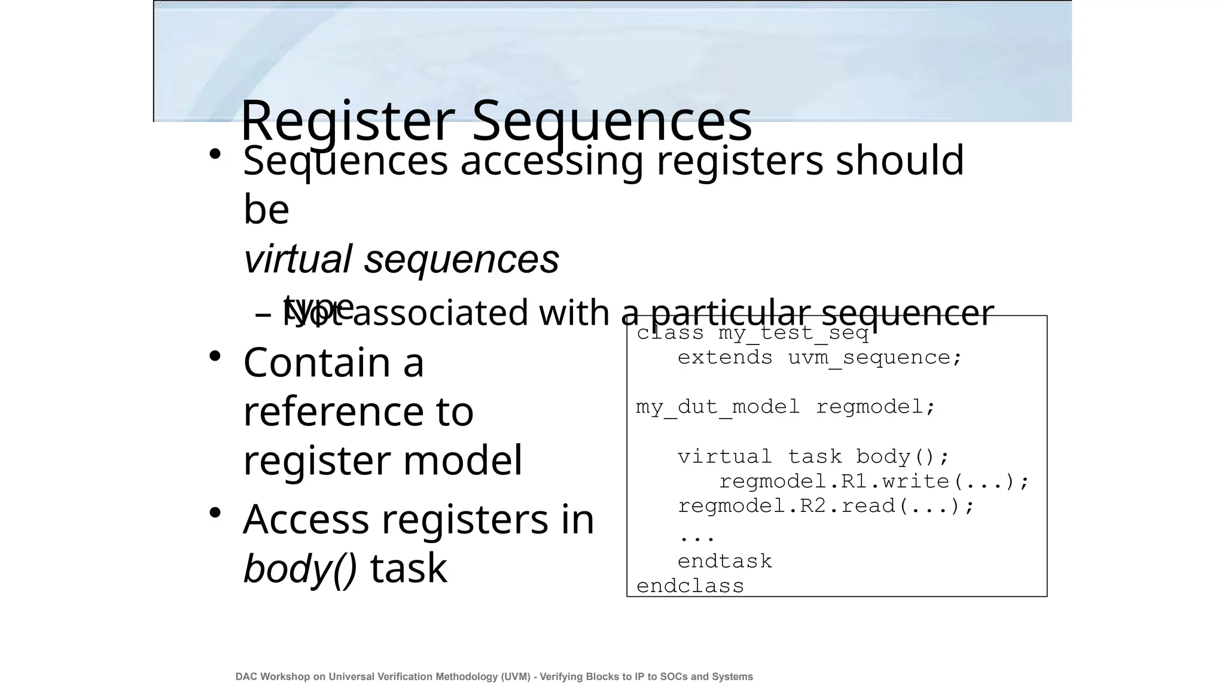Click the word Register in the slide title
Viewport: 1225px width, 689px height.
(x=347, y=121)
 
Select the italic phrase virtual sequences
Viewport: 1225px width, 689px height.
(x=401, y=259)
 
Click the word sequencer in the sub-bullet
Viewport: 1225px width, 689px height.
(x=907, y=313)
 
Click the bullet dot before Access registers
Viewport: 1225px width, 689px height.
(x=215, y=513)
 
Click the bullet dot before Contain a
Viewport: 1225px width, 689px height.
(x=215, y=356)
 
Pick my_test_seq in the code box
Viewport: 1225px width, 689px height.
(x=793, y=333)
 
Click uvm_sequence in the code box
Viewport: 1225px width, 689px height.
(x=869, y=358)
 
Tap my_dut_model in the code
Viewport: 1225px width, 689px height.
(x=718, y=407)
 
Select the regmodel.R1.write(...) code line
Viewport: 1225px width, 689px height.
(x=874, y=481)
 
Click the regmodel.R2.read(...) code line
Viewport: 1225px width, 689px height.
(x=826, y=507)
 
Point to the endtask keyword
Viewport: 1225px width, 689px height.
(x=724, y=562)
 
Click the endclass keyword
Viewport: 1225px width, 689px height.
(x=690, y=586)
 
